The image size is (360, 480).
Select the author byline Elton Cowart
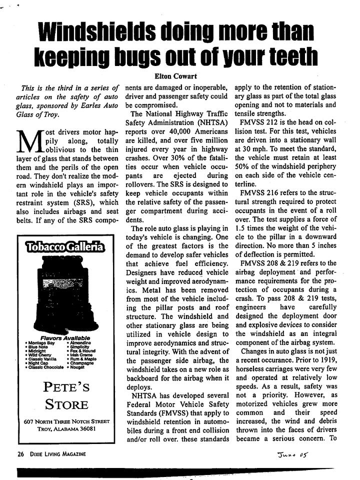[178, 76]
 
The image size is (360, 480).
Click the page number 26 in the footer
[20, 453]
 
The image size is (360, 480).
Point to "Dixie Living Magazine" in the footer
[58, 453]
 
